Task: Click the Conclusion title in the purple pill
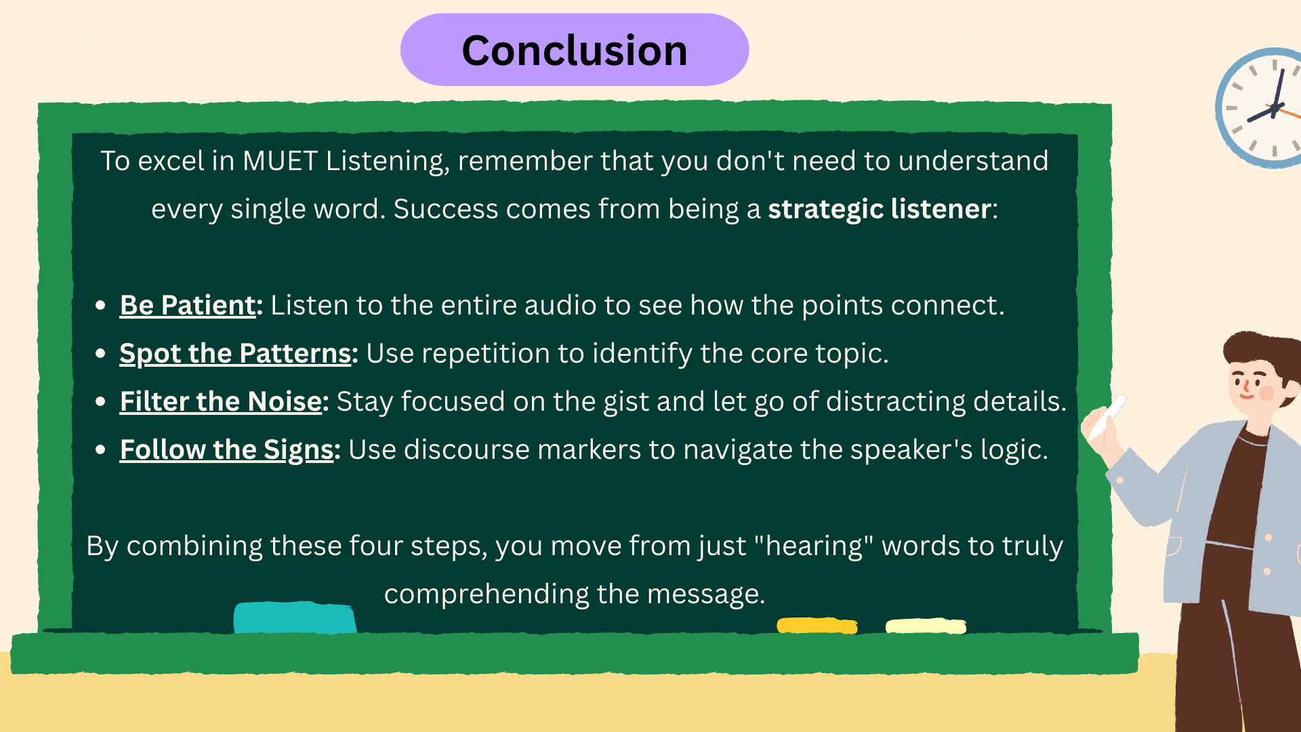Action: coord(574,51)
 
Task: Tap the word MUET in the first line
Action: coord(280,161)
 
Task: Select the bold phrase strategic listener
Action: coord(879,209)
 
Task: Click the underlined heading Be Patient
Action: coord(187,306)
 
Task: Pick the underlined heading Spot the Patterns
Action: coord(234,354)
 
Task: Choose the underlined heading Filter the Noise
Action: coord(220,402)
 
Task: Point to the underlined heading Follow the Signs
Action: coord(226,450)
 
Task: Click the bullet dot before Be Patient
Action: coord(100,306)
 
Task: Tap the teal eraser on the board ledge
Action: coord(295,617)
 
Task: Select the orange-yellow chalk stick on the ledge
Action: coord(817,625)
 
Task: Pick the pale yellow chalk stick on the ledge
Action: coord(926,626)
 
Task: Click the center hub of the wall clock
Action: coord(1274,108)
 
